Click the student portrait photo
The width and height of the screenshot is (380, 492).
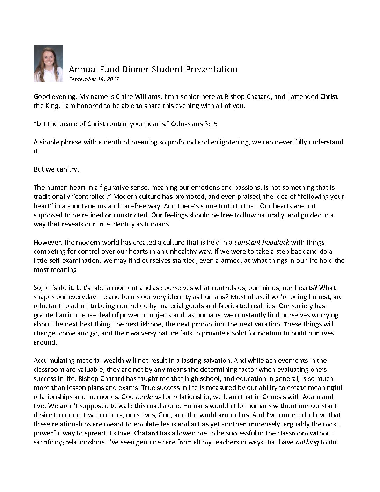(48, 64)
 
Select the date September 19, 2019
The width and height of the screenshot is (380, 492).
(94, 79)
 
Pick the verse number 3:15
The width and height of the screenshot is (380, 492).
(211, 124)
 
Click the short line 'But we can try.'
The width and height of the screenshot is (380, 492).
(56, 169)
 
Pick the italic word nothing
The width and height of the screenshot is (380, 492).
(307, 442)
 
